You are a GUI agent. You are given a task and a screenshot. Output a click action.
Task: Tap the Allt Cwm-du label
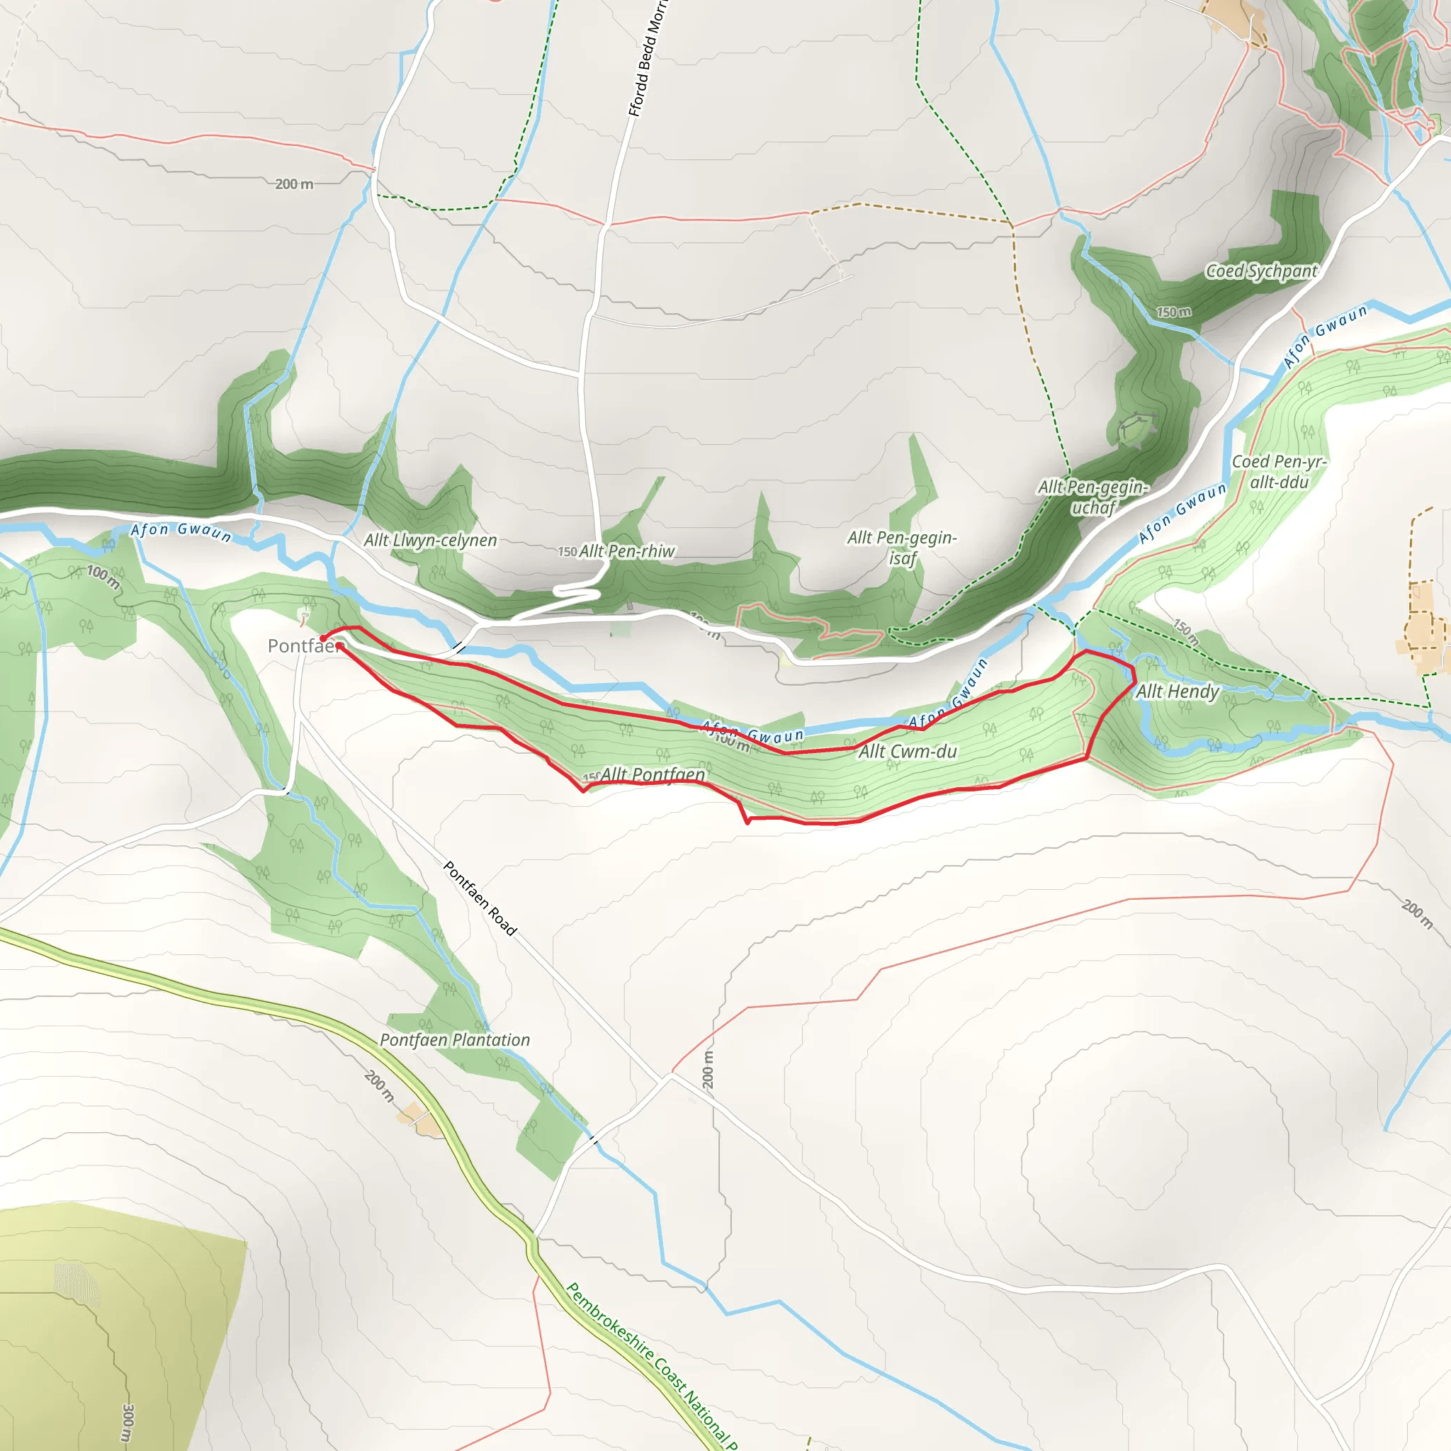coord(908,751)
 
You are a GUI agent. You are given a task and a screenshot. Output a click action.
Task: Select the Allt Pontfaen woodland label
coord(653,774)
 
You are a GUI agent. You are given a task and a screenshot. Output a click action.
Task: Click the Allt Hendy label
coord(1177,691)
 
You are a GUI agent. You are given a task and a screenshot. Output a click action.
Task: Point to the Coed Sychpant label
coord(1261,271)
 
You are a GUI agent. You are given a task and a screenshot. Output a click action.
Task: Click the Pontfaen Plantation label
coord(454,1040)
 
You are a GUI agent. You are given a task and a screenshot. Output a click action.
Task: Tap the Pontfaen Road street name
coord(480,899)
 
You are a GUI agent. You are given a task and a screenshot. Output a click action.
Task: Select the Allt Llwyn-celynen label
coord(430,540)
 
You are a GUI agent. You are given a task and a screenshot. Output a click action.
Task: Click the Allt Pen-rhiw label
coord(626,551)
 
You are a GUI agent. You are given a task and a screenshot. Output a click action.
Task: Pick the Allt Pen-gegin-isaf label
coord(901,548)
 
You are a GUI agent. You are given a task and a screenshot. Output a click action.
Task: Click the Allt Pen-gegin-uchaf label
coord(1093,497)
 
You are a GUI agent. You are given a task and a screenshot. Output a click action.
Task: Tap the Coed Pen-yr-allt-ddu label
coord(1279,472)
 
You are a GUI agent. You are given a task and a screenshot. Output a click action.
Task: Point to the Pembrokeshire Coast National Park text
coord(650,1367)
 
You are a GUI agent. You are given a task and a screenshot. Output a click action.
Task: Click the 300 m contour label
coord(128,1422)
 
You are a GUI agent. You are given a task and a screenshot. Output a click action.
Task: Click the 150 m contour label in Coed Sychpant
coord(1173,312)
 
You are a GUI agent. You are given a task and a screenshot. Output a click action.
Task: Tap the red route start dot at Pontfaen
coord(323,639)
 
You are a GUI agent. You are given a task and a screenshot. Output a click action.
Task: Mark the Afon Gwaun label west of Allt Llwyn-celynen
coord(180,532)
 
